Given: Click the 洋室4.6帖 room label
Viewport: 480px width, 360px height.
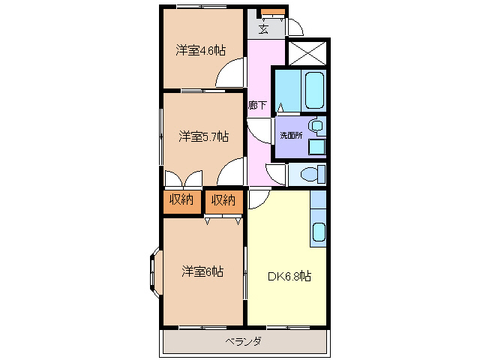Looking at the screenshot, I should [x=201, y=50].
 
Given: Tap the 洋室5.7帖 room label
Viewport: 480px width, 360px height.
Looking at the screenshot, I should [x=203, y=136].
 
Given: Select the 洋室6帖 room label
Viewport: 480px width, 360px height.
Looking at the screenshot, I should [x=202, y=271].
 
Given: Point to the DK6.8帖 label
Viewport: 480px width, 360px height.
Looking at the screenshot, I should [x=289, y=275].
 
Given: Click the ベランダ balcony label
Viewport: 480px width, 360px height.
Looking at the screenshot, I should [x=243, y=342].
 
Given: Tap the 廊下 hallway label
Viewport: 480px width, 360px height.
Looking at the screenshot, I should [x=257, y=105].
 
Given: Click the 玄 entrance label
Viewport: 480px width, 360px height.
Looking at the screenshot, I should [x=264, y=29].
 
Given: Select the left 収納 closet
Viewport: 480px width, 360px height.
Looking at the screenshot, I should [x=181, y=199].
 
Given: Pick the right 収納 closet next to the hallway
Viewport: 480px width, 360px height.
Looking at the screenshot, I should [x=223, y=199].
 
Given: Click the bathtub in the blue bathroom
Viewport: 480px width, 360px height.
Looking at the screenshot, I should [x=314, y=91].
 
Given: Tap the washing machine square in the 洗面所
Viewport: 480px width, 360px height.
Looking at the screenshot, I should [x=317, y=146].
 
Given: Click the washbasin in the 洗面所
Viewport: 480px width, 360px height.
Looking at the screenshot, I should [x=317, y=125].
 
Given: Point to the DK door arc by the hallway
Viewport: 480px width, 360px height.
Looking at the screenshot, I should [x=258, y=199].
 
